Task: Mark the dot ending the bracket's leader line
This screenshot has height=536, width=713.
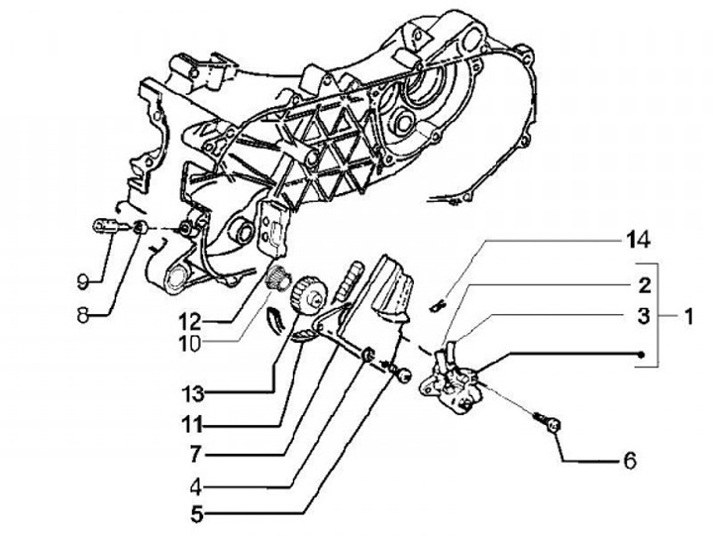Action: click(643, 355)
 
